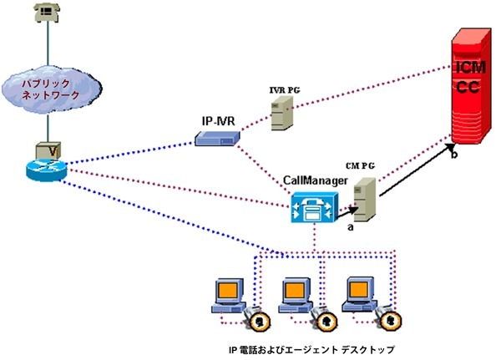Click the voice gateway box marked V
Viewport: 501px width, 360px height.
(48, 148)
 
